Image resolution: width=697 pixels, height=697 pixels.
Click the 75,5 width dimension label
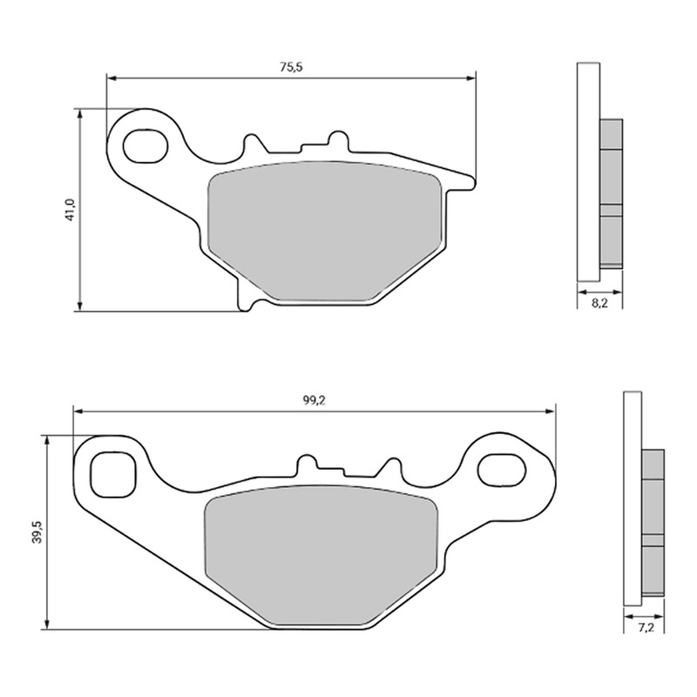point(291,67)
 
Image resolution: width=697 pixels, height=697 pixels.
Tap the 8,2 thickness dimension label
point(599,304)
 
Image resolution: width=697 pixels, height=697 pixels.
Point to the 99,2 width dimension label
point(315,401)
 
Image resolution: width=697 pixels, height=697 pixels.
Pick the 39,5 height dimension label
point(37,531)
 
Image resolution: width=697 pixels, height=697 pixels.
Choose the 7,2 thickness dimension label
point(646,627)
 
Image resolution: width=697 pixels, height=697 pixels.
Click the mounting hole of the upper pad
point(145,145)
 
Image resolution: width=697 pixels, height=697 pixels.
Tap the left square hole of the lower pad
point(112,474)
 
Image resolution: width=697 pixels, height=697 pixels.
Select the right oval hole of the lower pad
point(502,470)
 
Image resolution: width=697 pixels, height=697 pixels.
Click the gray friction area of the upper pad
point(325,231)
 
